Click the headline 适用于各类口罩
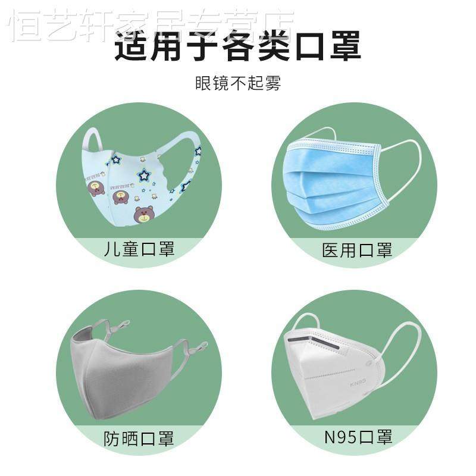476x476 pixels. (238, 46)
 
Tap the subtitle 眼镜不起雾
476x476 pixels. (238, 83)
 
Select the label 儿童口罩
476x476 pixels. (139, 249)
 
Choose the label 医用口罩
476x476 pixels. (357, 249)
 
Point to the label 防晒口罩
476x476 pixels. (139, 439)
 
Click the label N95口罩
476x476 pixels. (358, 438)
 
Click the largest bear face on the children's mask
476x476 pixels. (143, 214)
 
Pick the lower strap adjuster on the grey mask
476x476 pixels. (196, 347)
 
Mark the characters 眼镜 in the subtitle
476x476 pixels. (209, 83)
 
